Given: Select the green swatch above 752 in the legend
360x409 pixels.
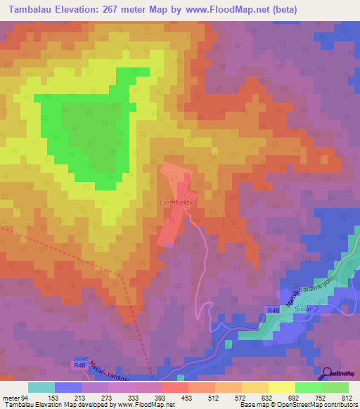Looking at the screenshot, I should tap(308, 387).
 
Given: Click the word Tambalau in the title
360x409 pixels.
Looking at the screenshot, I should tap(30, 10).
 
